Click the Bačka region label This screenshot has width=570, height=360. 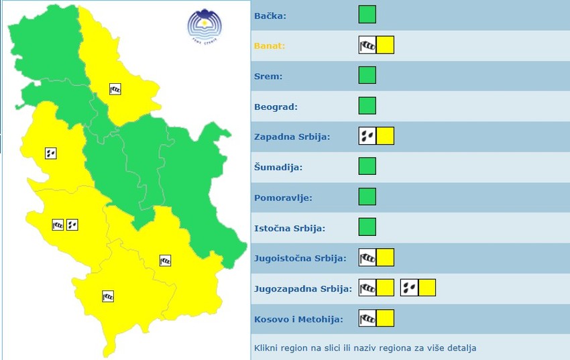(x=270, y=15)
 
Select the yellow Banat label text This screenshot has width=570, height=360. (x=270, y=46)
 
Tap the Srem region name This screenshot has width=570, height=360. (x=268, y=76)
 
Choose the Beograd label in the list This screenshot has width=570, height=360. (x=276, y=107)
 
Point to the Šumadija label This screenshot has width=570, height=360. (x=278, y=167)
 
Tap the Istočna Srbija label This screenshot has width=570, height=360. (x=290, y=228)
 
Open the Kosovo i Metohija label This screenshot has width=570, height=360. (x=298, y=319)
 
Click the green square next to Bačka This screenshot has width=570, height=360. (x=367, y=15)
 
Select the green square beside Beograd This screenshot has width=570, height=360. (x=367, y=106)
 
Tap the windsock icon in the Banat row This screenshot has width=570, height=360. (x=367, y=46)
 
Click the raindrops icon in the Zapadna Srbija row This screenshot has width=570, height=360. (x=367, y=136)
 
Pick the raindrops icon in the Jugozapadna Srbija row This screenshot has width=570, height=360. (x=409, y=288)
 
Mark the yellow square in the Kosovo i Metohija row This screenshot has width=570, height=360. (x=385, y=318)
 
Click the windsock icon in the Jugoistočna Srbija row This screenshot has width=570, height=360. (x=367, y=257)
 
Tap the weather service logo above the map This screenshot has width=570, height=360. (x=204, y=27)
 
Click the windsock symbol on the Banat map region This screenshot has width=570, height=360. (x=115, y=88)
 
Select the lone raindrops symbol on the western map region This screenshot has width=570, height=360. (x=50, y=153)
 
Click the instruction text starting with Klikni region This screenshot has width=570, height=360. (x=365, y=349)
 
